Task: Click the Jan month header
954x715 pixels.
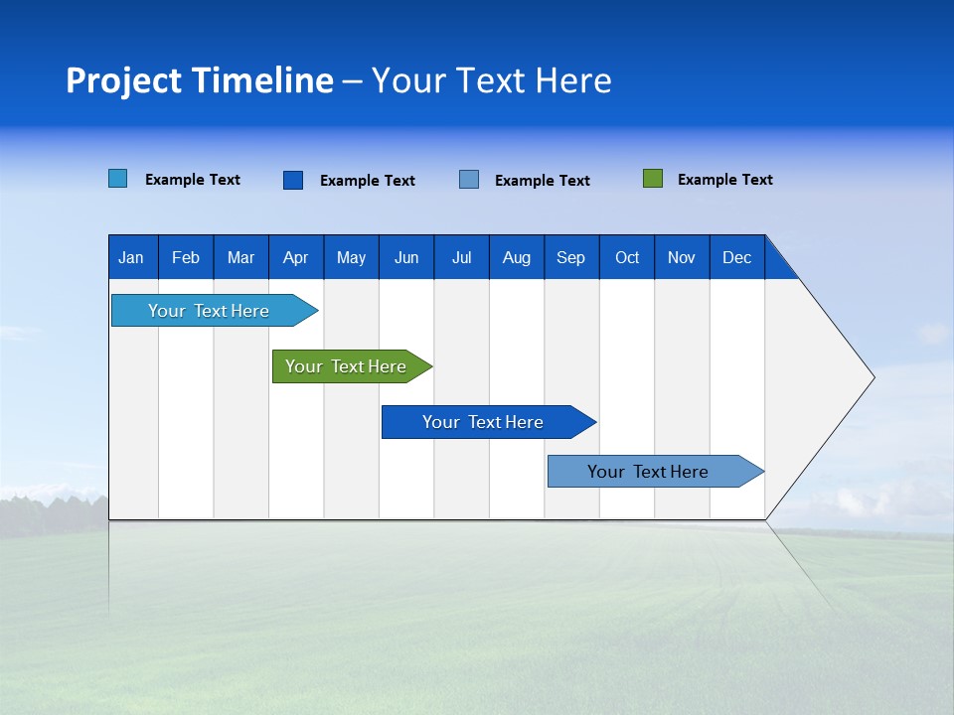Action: (x=131, y=257)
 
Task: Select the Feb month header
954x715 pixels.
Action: (x=186, y=257)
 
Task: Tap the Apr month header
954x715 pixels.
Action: (x=295, y=257)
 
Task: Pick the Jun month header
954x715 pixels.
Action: (x=406, y=257)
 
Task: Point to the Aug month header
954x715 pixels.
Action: (x=516, y=257)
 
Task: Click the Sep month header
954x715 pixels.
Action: (x=570, y=257)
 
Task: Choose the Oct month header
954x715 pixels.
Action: (x=627, y=257)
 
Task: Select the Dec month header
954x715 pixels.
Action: (x=736, y=257)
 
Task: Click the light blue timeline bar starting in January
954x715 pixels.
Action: (x=210, y=311)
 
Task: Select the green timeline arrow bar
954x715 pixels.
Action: (x=347, y=366)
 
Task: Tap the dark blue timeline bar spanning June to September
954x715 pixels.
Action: (x=484, y=422)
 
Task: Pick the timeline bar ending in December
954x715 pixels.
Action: (x=649, y=472)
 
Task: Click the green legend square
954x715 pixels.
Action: (x=653, y=179)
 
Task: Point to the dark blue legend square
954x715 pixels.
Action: (x=293, y=180)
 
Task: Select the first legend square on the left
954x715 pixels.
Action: (x=118, y=179)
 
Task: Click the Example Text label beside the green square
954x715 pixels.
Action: (x=724, y=180)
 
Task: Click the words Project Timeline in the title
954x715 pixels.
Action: (x=200, y=80)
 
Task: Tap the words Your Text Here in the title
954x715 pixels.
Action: (x=492, y=80)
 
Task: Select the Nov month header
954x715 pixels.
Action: (x=681, y=257)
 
